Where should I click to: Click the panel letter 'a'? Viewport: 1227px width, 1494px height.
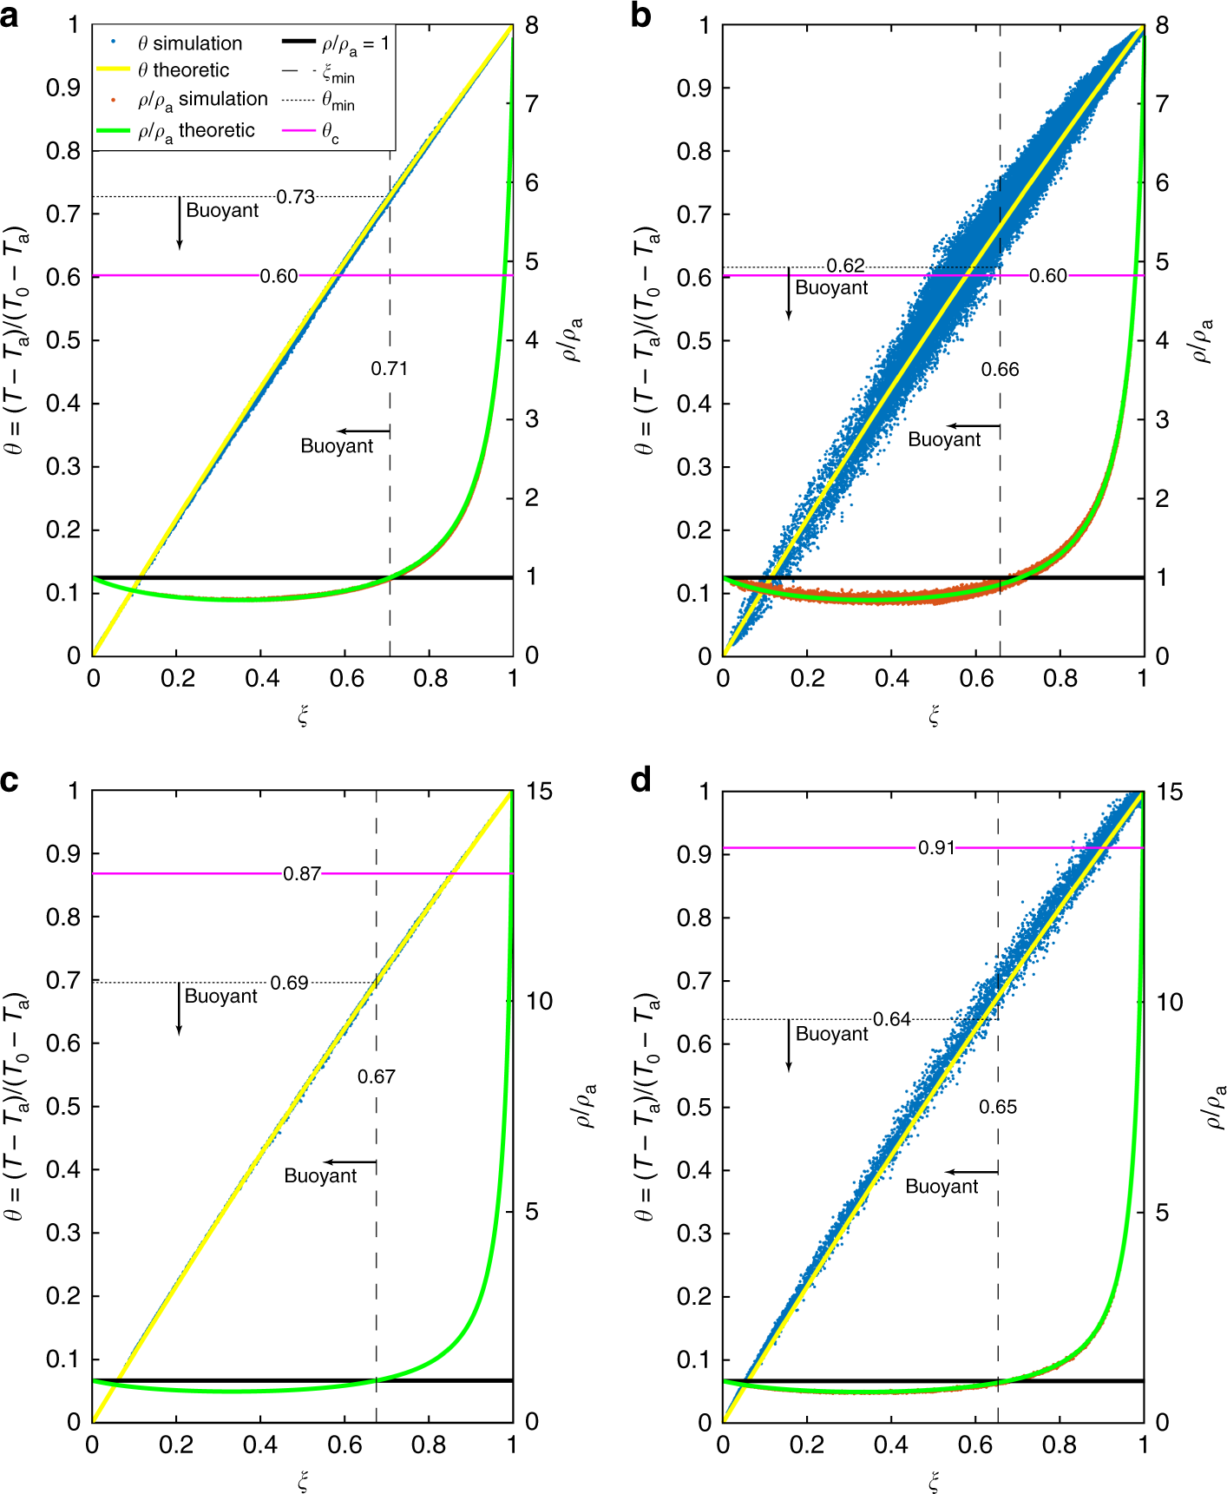tap(10, 16)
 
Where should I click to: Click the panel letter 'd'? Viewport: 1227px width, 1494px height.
tap(641, 781)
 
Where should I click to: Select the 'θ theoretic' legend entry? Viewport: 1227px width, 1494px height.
tap(183, 70)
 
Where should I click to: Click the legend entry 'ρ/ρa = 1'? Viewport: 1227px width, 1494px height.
tap(355, 43)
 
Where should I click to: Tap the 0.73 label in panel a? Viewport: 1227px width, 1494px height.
tap(296, 197)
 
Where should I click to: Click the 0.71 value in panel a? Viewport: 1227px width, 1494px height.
tap(389, 369)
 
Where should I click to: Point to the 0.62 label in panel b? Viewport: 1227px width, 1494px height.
tap(844, 266)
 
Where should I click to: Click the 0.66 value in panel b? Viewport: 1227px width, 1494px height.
tap(1000, 370)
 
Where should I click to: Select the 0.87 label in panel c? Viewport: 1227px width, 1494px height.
tap(302, 874)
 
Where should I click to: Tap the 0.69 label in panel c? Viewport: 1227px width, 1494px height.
tap(289, 983)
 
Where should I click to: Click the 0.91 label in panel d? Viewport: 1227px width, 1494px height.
tap(936, 848)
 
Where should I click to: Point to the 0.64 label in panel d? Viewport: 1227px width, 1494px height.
tap(892, 1019)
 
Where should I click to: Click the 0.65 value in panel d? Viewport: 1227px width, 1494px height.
tap(998, 1107)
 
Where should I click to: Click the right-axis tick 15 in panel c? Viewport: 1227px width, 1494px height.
tap(538, 792)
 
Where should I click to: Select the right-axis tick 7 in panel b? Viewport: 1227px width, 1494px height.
tap(1162, 105)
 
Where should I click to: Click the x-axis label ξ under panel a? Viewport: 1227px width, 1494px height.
tap(303, 715)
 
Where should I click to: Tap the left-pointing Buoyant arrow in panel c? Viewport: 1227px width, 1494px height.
tap(351, 1162)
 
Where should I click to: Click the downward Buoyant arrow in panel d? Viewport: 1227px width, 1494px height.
tap(788, 1045)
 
